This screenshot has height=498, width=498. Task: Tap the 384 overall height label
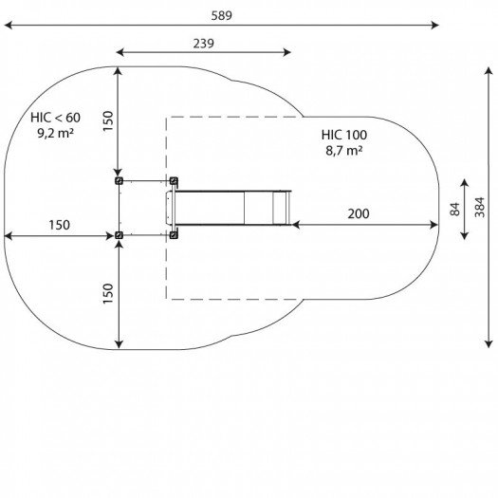pos(480,208)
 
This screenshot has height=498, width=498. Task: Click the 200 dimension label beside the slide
pos(359,213)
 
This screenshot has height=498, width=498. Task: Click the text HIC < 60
pos(55,117)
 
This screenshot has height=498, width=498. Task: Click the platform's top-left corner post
pos(119,179)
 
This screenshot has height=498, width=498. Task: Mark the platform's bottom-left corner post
pos(119,234)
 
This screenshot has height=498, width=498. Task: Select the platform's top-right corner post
pos(173,179)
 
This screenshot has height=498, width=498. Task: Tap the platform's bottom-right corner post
pos(173,234)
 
